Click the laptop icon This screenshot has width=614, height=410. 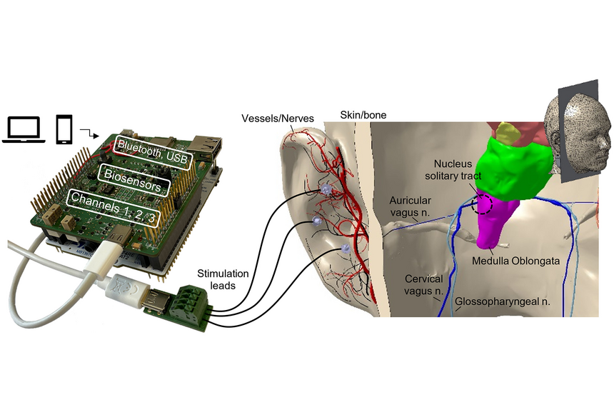coord(24,129)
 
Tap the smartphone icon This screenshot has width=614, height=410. coord(64,129)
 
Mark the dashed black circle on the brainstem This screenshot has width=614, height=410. coord(483,203)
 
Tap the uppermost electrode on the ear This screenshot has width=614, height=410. coord(326,190)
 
